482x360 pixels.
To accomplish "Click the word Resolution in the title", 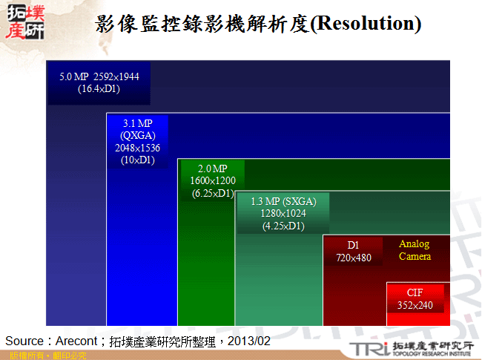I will pyautogui.click(x=363, y=23).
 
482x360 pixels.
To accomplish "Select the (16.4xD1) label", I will pyautogui.click(x=99, y=88).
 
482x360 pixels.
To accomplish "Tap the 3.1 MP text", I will pyautogui.click(x=138, y=122).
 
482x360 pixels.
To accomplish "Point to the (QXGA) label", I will pyautogui.click(x=138, y=135).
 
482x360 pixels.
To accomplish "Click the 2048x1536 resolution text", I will pyautogui.click(x=138, y=148).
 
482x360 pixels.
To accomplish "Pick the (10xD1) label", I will pyautogui.click(x=138, y=160).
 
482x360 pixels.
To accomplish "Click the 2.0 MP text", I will pyautogui.click(x=212, y=169).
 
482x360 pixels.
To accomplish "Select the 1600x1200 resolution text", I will pyautogui.click(x=212, y=181).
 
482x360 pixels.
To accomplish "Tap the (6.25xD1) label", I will pyautogui.click(x=212, y=193).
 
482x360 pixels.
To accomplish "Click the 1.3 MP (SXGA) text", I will pyautogui.click(x=283, y=201).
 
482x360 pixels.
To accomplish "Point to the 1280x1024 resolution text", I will pyautogui.click(x=283, y=214).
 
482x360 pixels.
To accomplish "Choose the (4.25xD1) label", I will pyautogui.click(x=283, y=226).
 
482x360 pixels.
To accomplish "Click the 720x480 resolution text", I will pyautogui.click(x=354, y=258).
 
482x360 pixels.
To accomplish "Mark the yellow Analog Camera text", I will pyautogui.click(x=415, y=250).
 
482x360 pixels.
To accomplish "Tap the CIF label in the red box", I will pyautogui.click(x=415, y=292).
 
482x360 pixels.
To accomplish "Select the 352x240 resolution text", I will pyautogui.click(x=415, y=305).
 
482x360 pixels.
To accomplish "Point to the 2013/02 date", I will pyautogui.click(x=248, y=341).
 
